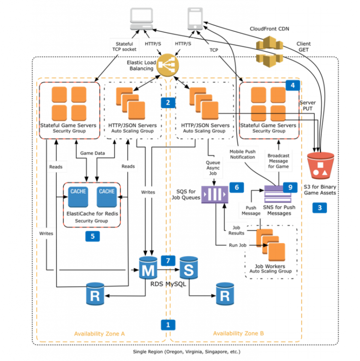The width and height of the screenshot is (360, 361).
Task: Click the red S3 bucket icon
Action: (321, 166)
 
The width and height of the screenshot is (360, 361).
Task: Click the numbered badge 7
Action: (168, 261)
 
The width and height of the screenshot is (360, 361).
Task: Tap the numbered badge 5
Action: (92, 236)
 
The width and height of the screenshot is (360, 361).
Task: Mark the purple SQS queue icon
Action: (215, 194)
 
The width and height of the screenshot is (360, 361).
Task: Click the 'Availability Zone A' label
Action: (100, 334)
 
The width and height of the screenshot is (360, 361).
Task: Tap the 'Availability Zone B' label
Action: (239, 334)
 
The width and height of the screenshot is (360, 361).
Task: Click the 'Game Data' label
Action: (92, 153)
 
